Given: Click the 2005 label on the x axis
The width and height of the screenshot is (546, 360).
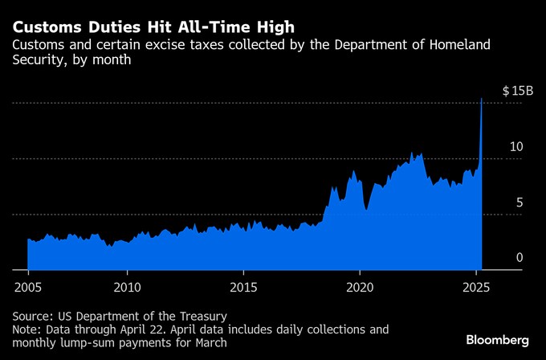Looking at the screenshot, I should pos(28,287).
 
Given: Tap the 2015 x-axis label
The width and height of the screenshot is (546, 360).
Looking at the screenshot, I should pos(242,287).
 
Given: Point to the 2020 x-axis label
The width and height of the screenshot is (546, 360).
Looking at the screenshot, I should pos(360,287).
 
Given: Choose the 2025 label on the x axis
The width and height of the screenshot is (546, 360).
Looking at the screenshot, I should pos(476,287).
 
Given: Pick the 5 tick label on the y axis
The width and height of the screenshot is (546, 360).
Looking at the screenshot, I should pos(520,202).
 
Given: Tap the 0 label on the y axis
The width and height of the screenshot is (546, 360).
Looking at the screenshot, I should pos(520,258).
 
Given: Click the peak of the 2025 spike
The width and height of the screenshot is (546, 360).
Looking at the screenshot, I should pos(481,99).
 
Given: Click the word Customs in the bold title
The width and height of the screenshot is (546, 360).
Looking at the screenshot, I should pos(47,27).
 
